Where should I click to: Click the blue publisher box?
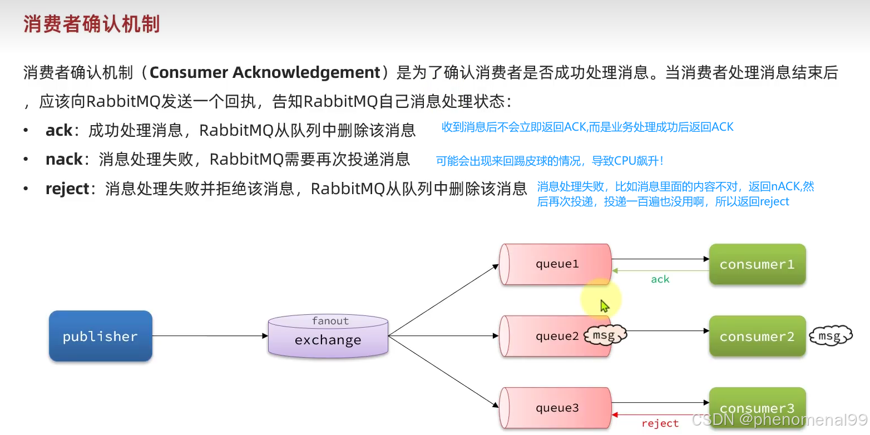(100, 336)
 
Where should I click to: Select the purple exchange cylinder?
(328, 336)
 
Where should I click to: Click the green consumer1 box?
(757, 264)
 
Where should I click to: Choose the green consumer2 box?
(757, 336)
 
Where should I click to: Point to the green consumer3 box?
(757, 406)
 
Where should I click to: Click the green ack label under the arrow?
(660, 279)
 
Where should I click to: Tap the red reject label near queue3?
(660, 424)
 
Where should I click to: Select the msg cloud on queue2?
(605, 335)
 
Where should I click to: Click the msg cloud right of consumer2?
(830, 336)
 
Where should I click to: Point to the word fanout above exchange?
(330, 321)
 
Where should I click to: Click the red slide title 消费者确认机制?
(92, 24)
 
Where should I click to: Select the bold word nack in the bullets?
(64, 160)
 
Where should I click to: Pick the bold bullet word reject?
(67, 189)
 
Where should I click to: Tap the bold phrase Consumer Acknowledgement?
(265, 72)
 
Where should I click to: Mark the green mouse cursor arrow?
(605, 306)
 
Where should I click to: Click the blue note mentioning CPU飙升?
(550, 161)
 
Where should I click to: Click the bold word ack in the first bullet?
(59, 130)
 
